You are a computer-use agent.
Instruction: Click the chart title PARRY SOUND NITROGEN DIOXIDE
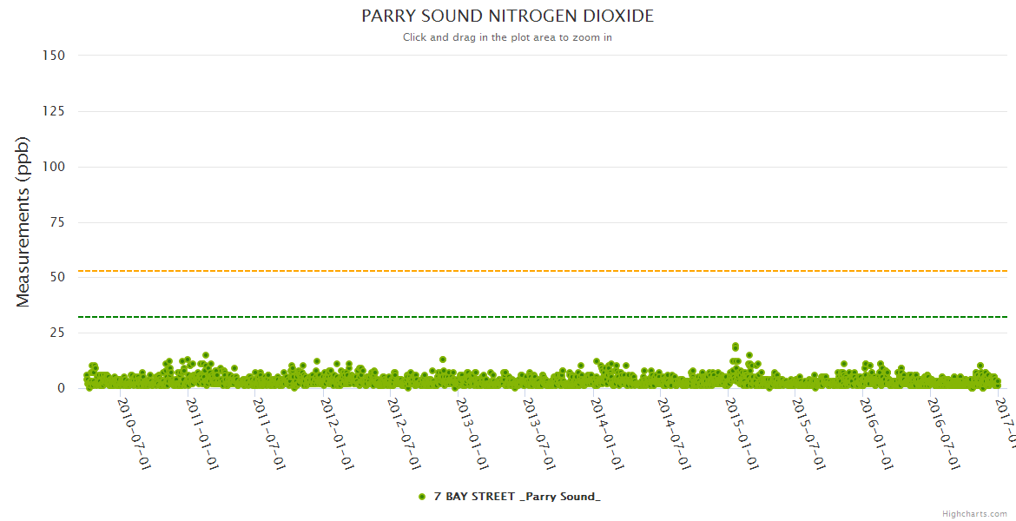click(x=507, y=16)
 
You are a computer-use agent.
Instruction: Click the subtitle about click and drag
click(x=507, y=37)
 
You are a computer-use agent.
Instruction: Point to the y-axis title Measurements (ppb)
click(x=23, y=221)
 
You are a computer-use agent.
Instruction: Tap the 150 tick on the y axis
click(x=53, y=56)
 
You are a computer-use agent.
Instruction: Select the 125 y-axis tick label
click(x=53, y=111)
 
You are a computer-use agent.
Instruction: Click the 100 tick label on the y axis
click(x=53, y=167)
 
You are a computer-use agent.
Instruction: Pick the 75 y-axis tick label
click(x=56, y=222)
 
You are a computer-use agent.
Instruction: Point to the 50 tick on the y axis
click(x=56, y=277)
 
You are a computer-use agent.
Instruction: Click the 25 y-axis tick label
click(x=56, y=333)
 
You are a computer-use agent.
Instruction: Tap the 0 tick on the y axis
click(x=61, y=388)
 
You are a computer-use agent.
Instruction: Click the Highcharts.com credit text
click(x=974, y=514)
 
